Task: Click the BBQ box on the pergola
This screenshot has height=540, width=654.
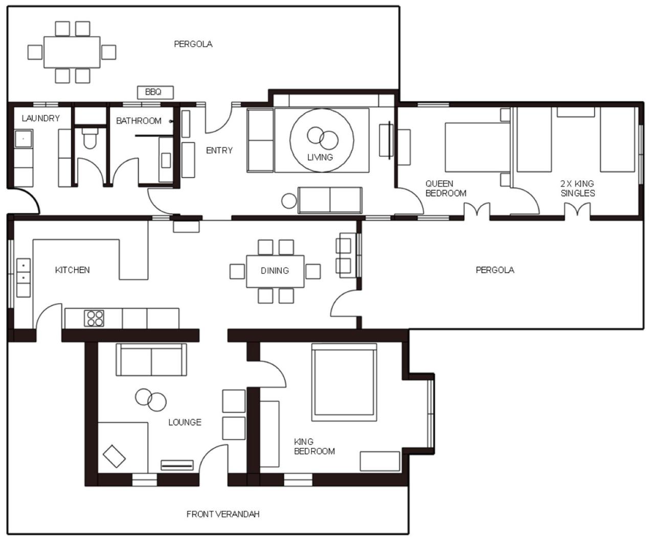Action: pos(155,93)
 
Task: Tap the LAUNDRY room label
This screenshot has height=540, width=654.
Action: pos(41,119)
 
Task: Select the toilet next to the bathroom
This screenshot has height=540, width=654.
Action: pos(90,138)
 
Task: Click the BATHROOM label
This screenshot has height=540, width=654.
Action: pos(139,121)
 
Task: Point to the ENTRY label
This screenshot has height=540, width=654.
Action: pos(219,151)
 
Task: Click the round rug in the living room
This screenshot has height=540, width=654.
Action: pos(322,140)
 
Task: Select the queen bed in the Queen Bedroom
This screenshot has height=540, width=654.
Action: pos(478,147)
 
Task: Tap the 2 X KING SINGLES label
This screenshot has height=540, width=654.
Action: pos(578,188)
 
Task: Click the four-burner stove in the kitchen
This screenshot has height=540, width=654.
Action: pos(94,318)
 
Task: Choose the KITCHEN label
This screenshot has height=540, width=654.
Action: pos(72,270)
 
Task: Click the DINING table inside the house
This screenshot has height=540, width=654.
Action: pos(275,271)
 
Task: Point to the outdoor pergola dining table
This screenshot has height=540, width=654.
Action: pos(72,52)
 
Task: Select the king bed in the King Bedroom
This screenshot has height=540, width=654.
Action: pos(344,382)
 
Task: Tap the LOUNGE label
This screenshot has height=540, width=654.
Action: pos(185,422)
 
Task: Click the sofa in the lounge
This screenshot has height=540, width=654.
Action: pos(151,359)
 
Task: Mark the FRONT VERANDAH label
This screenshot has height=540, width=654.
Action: pos(223,514)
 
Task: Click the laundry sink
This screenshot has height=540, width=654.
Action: pos(24,139)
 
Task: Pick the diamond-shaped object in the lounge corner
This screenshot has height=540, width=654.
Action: pos(115,456)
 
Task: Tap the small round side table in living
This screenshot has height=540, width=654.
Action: pos(289,201)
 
